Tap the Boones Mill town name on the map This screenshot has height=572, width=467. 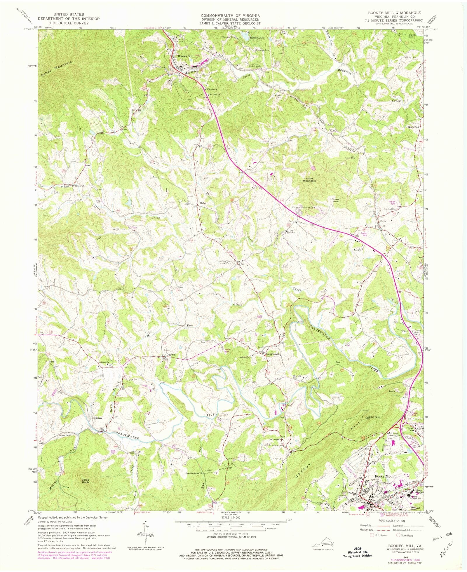click(186, 56)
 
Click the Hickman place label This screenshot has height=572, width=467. click(97, 418)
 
